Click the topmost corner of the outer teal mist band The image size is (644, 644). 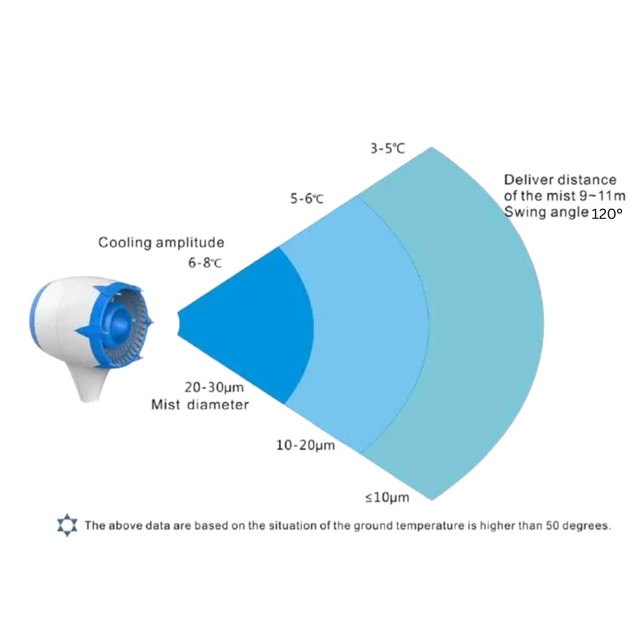click(432, 147)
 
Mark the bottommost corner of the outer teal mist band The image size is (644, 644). click(432, 500)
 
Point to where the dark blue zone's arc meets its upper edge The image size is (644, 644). click(279, 246)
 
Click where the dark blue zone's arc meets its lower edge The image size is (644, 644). click(284, 404)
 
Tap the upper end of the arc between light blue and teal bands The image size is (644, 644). click(357, 196)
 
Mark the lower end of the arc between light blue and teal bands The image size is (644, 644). click(362, 453)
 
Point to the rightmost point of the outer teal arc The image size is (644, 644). click(544, 324)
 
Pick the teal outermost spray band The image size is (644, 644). click(485, 324)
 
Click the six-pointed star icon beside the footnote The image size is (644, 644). click(67, 525)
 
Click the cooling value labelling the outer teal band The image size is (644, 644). click(388, 148)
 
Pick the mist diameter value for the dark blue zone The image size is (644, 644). click(214, 388)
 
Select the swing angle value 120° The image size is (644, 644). click(606, 213)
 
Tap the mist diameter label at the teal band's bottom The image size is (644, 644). click(388, 497)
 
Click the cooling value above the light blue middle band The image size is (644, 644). click(307, 199)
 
